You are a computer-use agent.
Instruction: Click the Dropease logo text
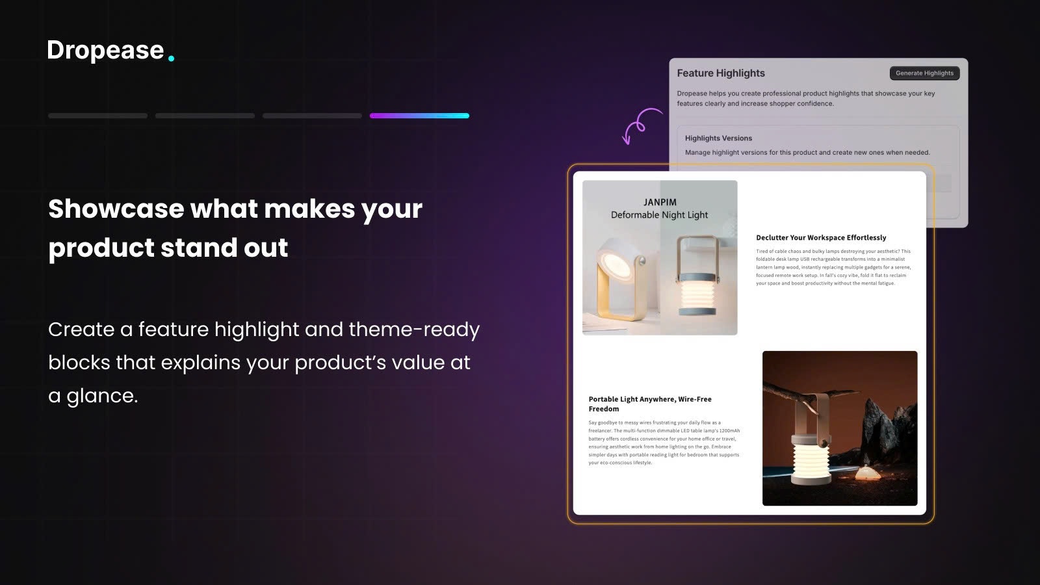coord(105,51)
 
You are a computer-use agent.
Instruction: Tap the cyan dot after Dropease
coord(171,58)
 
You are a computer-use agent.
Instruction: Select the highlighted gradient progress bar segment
coord(419,116)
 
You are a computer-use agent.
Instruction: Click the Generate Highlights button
coord(924,73)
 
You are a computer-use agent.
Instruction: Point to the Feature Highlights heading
coord(721,73)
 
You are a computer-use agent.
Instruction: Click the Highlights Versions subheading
coord(718,138)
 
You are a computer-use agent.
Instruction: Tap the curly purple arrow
coord(640,124)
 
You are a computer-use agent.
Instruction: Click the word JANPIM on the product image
coord(660,202)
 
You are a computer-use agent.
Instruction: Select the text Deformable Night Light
coord(659,215)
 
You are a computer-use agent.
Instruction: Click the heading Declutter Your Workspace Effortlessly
coord(821,238)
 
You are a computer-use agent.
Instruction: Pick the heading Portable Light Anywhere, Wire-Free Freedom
coord(650,404)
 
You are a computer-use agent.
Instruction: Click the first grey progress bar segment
coord(97,116)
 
